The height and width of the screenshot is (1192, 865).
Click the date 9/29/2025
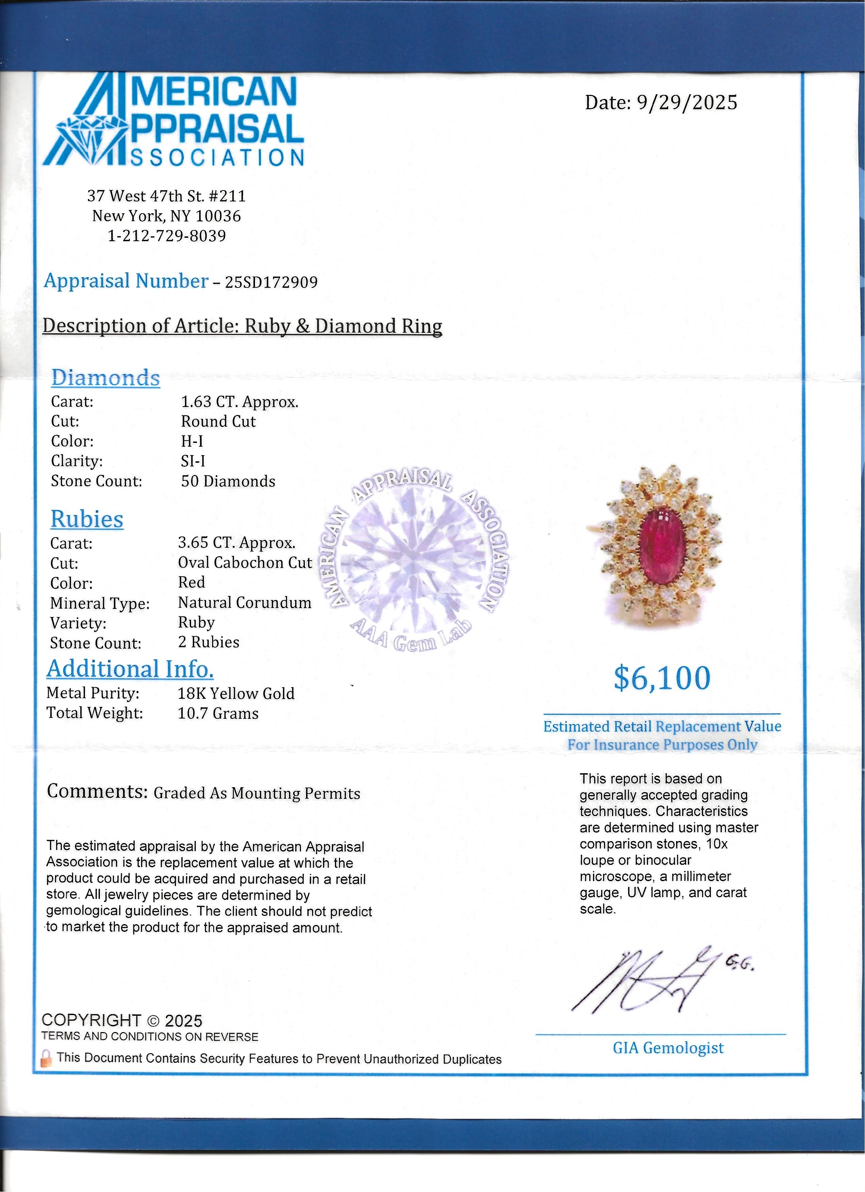687,102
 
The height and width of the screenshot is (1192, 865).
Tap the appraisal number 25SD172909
272,282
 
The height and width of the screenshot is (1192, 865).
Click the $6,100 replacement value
662,678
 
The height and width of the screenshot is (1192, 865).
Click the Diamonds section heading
105,378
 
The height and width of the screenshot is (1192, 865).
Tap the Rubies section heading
87,519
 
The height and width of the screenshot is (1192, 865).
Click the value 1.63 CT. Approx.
239,402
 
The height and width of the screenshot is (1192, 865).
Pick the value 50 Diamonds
228,481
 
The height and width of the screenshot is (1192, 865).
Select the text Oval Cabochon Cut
245,562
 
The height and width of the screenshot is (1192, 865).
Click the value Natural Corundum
244,602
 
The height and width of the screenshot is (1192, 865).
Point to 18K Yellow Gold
236,693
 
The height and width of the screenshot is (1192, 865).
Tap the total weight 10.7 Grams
218,713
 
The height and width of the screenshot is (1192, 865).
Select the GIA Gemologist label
668,1047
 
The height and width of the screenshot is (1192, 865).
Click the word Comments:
97,791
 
